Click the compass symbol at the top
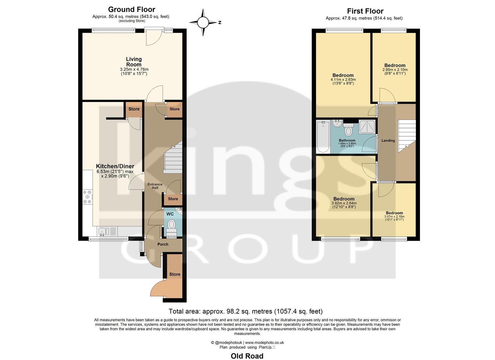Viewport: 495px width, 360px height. click(x=203, y=23)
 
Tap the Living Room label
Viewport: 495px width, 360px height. click(x=134, y=62)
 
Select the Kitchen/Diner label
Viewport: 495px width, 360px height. click(x=115, y=166)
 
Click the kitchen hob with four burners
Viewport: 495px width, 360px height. click(x=88, y=197)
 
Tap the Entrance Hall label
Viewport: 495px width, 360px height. click(x=155, y=186)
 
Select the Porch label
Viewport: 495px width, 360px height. click(x=163, y=244)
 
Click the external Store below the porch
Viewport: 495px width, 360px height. click(x=174, y=274)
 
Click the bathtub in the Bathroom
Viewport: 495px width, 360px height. click(x=323, y=137)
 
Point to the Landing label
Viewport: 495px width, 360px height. click(x=388, y=141)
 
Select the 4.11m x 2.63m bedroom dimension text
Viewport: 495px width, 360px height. click(x=343, y=80)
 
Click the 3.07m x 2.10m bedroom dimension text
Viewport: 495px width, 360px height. click(x=394, y=217)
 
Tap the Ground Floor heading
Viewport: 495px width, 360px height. click(x=132, y=9)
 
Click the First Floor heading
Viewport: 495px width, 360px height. click(x=365, y=11)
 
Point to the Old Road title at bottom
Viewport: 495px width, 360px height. click(x=247, y=356)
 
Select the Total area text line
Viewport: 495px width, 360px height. click(x=245, y=311)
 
